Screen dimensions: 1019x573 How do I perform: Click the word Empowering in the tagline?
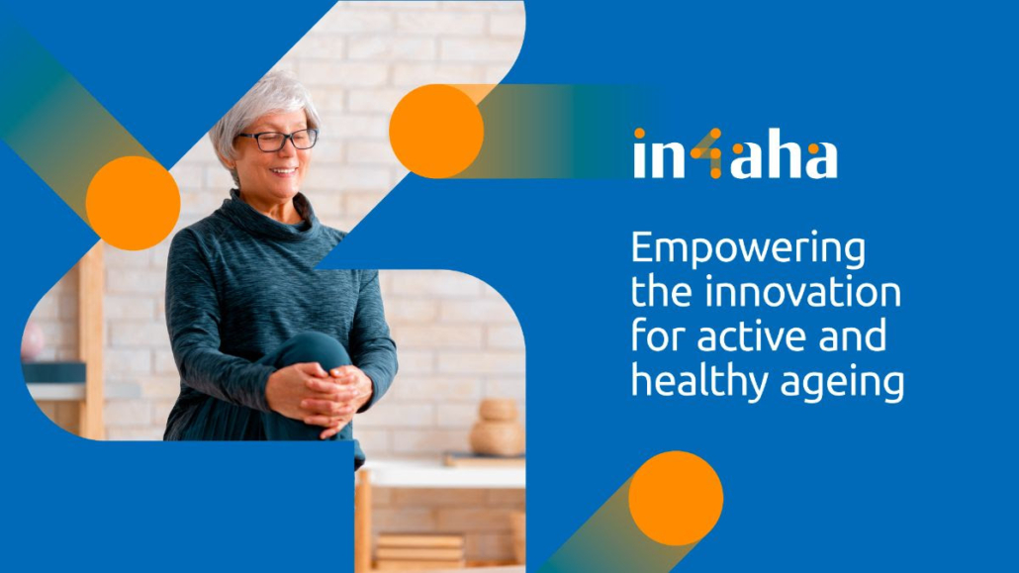click(748, 249)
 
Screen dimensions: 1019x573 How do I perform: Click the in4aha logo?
click(735, 153)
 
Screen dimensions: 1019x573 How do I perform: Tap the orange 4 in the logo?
click(706, 153)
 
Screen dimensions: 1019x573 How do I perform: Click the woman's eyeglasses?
click(278, 140)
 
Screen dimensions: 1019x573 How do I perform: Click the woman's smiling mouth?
click(284, 172)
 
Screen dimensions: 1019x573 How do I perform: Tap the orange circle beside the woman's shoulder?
click(133, 203)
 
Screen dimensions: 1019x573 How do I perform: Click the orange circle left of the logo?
click(436, 131)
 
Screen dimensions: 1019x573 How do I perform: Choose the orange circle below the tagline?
click(676, 498)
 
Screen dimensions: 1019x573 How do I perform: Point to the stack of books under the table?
click(419, 549)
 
